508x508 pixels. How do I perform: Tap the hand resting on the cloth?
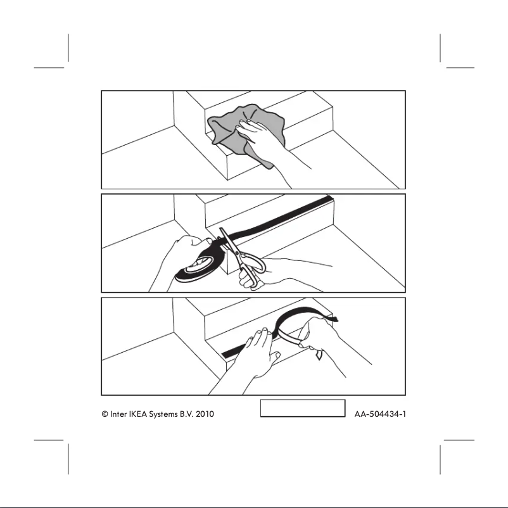point(260,135)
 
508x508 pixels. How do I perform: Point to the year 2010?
point(205,414)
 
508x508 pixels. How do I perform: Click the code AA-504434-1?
point(379,414)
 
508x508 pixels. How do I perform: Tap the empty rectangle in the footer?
point(302,409)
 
